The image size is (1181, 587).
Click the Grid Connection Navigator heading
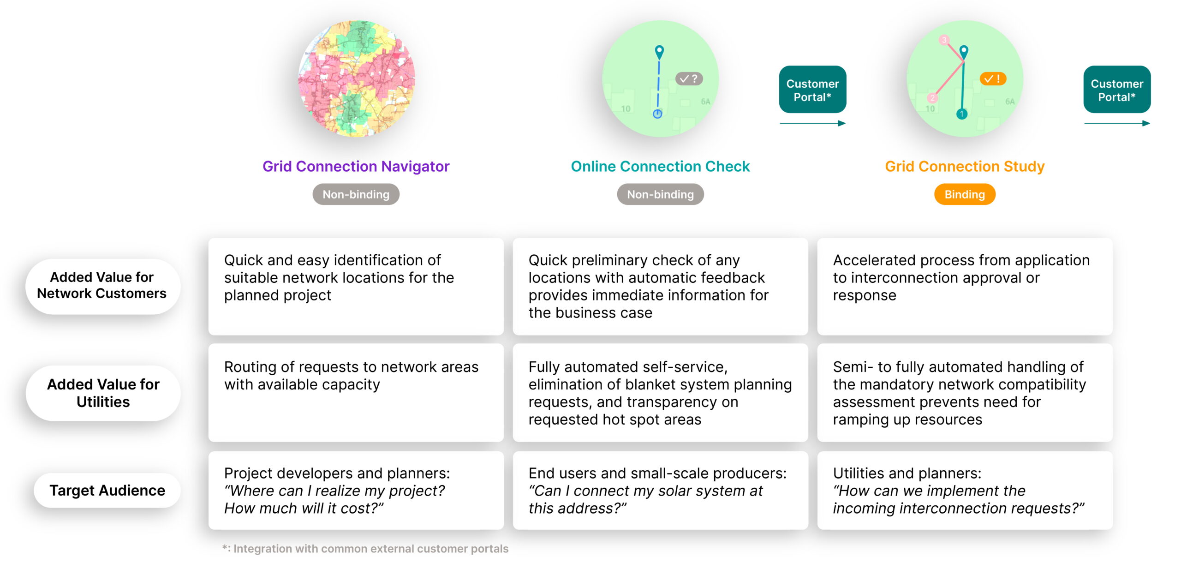coord(356,166)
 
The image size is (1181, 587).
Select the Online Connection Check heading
coord(660,166)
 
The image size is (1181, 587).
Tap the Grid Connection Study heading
coord(965,166)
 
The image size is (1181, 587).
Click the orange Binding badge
coord(965,194)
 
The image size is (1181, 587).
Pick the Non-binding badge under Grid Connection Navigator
coord(356,194)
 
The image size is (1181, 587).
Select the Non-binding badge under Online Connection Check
coord(660,194)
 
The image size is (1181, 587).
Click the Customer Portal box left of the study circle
coord(812,90)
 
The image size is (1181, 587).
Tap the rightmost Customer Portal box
coord(1117,90)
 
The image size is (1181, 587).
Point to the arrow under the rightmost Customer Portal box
coord(1117,123)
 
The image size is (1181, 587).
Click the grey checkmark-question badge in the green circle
coord(689,79)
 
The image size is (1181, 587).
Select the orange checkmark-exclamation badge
coord(993,79)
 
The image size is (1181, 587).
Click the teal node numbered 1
coord(962,114)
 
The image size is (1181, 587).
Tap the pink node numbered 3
coord(944,40)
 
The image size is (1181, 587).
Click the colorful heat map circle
coord(357,78)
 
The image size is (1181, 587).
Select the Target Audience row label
coord(107,490)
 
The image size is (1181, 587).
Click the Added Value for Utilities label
coord(103,393)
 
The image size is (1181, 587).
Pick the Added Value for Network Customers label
coord(102,286)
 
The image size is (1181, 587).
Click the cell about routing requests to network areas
coord(356,392)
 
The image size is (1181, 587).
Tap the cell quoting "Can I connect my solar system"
coord(660,490)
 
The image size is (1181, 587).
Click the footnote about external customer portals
coord(365,549)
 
